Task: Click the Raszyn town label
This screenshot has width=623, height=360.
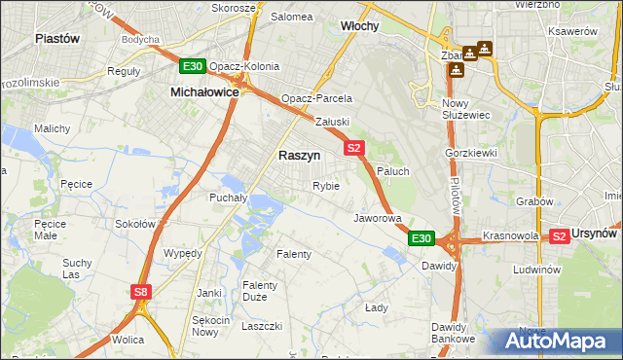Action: click(300, 155)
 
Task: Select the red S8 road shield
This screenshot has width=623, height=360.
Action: click(142, 291)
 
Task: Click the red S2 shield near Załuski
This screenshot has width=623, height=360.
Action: click(354, 148)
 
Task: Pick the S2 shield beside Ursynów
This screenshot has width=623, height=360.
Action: click(560, 236)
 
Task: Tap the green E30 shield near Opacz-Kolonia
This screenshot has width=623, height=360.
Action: click(192, 66)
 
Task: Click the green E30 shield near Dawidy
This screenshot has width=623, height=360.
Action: click(421, 238)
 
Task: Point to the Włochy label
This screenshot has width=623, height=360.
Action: click(358, 26)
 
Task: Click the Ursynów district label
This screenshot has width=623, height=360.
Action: click(596, 234)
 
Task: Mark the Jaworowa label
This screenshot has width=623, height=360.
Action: click(378, 218)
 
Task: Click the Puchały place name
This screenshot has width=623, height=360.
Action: click(230, 197)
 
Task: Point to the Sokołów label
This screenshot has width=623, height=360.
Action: click(135, 223)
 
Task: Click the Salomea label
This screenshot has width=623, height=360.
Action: click(291, 17)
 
